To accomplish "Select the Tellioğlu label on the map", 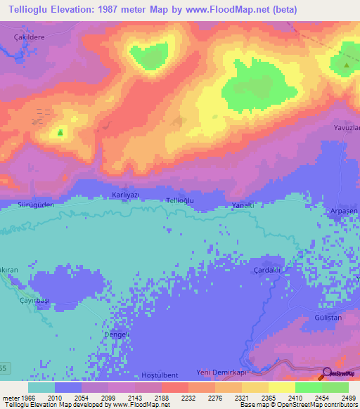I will (x=179, y=201).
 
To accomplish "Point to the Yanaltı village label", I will (x=243, y=204).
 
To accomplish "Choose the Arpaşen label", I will (x=345, y=212).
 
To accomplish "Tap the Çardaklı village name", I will (x=266, y=270).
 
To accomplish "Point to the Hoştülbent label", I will (x=160, y=375).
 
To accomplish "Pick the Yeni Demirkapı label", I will (x=224, y=373).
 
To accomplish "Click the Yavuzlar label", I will (x=347, y=128).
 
